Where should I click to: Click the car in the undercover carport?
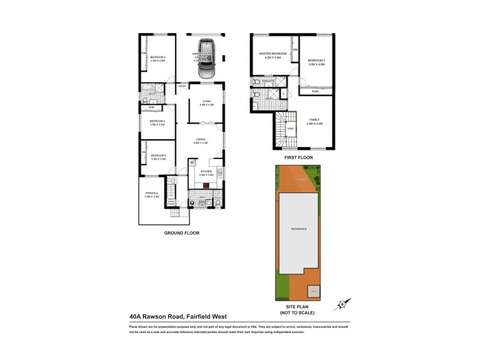pos(206,59)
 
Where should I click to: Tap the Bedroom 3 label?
pos(158,59)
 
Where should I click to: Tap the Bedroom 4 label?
pos(158,123)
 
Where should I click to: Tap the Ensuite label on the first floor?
pos(268,80)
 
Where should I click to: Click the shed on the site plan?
pos(314,292)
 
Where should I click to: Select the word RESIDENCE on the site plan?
pos(299,229)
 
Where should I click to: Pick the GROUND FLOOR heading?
pos(181,233)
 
